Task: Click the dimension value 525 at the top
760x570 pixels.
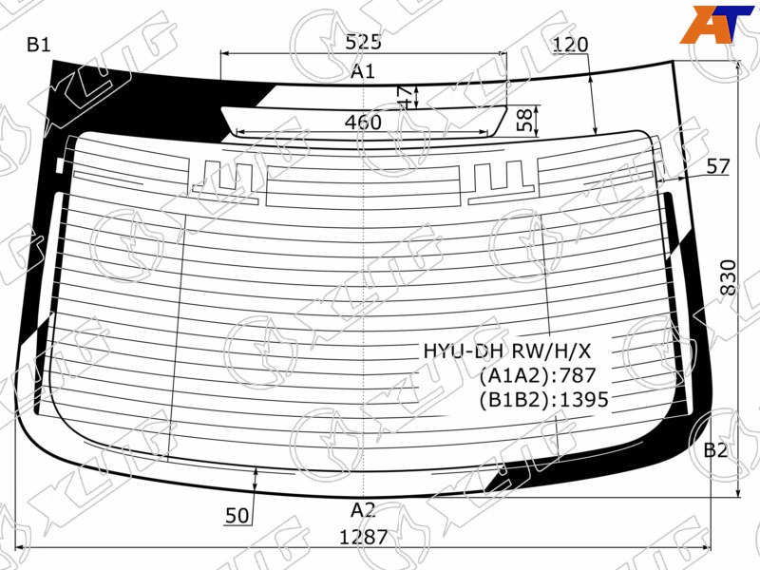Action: pos(364,42)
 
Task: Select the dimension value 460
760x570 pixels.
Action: pos(363,123)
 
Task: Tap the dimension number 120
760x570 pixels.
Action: pos(570,45)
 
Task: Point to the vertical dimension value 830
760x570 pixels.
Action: pos(728,277)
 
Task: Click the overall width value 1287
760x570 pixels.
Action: pos(364,537)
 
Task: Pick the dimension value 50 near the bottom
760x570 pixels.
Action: pos(237,516)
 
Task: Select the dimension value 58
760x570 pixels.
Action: pos(524,121)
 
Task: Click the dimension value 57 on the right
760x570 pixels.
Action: pos(718,166)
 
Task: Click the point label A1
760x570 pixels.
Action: pos(363,72)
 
